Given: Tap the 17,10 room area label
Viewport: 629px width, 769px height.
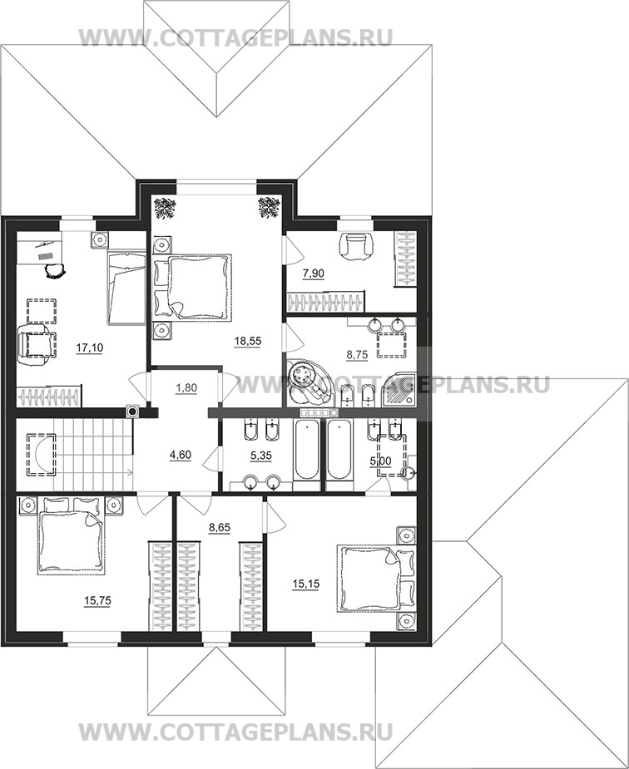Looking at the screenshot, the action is pos(89,348).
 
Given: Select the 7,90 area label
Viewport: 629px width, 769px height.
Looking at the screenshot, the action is pos(314,274).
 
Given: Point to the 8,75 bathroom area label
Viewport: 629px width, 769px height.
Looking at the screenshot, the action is pos(357,355).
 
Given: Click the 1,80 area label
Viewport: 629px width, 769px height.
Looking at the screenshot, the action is pos(186,388).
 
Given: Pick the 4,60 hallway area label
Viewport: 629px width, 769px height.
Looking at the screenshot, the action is pos(180,455).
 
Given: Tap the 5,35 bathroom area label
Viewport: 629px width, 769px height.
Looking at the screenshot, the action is pos(261,456).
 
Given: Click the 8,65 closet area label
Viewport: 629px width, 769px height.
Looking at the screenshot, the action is pos(220,528).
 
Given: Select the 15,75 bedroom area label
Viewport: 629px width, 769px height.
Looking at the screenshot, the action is pos(97,601).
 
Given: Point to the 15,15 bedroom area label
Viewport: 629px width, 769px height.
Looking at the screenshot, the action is pos(305,584).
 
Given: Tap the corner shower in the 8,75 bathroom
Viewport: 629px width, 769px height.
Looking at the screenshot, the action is pos(399,390).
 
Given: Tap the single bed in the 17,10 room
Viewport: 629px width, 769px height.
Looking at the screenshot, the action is pos(126,287).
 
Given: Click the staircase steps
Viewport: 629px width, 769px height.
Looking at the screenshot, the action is pos(93,454).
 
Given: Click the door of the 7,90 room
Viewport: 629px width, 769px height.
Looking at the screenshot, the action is pos(292,249).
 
